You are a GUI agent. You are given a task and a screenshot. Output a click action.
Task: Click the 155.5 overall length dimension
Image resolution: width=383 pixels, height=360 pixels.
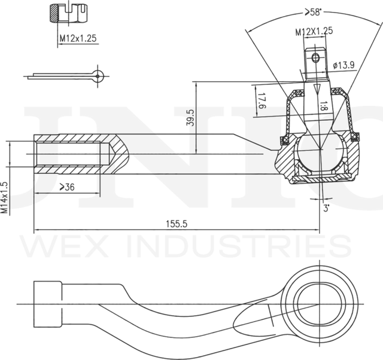pos(177,224)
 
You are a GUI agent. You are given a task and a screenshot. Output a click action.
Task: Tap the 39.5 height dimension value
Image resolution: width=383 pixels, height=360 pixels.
pos(190,118)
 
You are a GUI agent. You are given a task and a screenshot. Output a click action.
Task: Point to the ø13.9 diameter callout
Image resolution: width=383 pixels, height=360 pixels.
pos(344,65)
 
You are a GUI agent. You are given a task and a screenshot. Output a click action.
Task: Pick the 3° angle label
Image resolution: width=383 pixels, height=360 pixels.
pos(326,209)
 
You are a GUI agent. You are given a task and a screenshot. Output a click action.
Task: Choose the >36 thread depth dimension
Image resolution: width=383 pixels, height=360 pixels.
pos(67,187)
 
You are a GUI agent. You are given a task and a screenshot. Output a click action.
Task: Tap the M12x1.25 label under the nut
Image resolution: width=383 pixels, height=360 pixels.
pos(78,38)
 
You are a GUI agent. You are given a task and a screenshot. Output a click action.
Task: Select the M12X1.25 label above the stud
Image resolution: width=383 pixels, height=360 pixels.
pos(314,31)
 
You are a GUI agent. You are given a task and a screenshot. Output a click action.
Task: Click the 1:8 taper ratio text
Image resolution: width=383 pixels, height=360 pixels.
pos(323,106)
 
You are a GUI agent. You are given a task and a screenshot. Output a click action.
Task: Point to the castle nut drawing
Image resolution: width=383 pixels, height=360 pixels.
pos(69,13)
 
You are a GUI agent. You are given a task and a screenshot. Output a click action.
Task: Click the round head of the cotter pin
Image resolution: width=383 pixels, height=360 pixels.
pos(98,76)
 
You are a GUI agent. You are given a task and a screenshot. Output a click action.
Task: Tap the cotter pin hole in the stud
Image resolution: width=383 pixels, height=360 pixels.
pos(315,58)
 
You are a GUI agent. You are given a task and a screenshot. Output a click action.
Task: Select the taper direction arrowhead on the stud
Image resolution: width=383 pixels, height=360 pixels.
pos(317,89)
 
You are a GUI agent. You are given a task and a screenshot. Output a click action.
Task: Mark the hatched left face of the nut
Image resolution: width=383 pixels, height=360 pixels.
pos(54,13)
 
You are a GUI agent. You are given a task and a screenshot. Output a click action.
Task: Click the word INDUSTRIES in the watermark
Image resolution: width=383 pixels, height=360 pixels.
pos(239,246)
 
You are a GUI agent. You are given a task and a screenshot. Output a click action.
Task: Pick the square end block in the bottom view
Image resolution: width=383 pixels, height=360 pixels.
pos(48,304)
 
